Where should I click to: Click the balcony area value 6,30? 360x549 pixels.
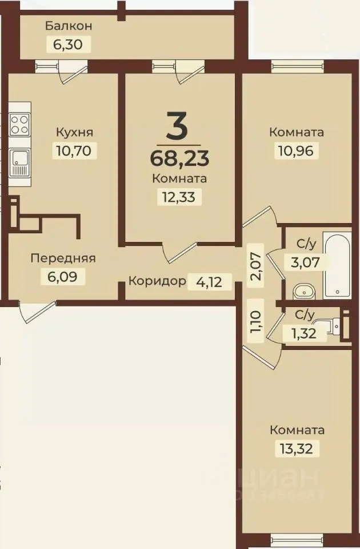[68, 44]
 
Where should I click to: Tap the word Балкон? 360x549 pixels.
[68, 26]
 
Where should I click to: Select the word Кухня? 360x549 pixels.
[74, 132]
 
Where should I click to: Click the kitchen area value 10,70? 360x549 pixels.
[74, 150]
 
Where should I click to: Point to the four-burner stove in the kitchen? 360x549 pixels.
[19, 125]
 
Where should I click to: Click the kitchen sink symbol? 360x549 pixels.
[19, 161]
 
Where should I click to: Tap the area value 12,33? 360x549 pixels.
[179, 197]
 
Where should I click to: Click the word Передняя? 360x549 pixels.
[63, 258]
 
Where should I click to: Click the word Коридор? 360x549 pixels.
[158, 281]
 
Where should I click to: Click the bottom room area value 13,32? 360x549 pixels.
[297, 448]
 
